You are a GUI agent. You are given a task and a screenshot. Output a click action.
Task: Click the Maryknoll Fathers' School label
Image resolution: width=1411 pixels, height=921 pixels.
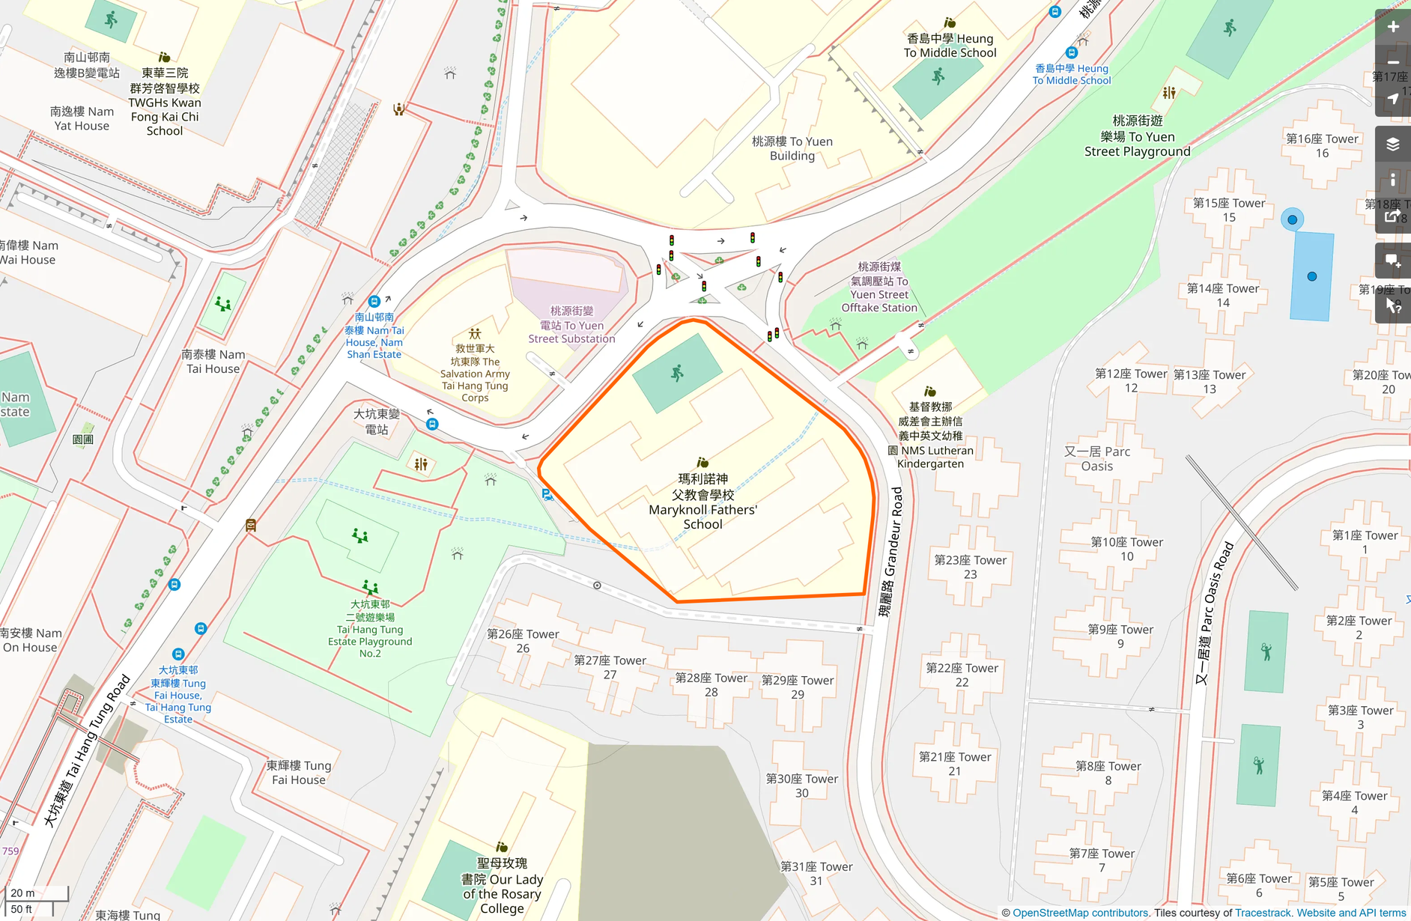pos(703,501)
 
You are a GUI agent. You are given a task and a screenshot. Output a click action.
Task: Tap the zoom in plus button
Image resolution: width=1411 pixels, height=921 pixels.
pos(1392,27)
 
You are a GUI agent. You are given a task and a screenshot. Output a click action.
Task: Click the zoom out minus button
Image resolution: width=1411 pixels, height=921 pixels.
pos(1392,63)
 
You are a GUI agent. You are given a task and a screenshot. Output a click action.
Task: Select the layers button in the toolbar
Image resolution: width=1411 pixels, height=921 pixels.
pos(1392,144)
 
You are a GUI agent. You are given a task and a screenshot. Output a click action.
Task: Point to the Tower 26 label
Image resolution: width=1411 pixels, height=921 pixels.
pos(523,641)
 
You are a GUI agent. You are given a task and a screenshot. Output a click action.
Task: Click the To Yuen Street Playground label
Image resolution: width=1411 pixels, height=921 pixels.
pos(1137,136)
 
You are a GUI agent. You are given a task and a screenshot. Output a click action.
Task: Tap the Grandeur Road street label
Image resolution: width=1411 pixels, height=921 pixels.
pos(891,551)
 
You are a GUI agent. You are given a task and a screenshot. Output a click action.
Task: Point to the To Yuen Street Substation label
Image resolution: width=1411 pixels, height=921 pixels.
pos(571,325)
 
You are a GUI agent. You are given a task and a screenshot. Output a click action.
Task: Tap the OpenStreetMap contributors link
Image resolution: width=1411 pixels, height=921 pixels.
pos(1080,913)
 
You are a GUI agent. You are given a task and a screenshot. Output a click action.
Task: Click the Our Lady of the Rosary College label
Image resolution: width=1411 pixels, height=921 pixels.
pos(502,886)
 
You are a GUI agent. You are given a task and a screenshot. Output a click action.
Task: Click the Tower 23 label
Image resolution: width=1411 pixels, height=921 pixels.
pos(970,567)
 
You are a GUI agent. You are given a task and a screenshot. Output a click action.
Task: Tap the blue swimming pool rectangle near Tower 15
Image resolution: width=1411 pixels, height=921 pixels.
pos(1311,276)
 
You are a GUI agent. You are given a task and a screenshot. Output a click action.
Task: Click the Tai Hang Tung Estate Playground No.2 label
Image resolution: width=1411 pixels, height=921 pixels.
pos(370,629)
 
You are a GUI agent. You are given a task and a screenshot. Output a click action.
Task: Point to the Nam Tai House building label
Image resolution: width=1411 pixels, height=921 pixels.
pos(213,361)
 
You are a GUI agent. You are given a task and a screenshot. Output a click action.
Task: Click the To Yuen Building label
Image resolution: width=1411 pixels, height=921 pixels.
pos(792,148)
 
